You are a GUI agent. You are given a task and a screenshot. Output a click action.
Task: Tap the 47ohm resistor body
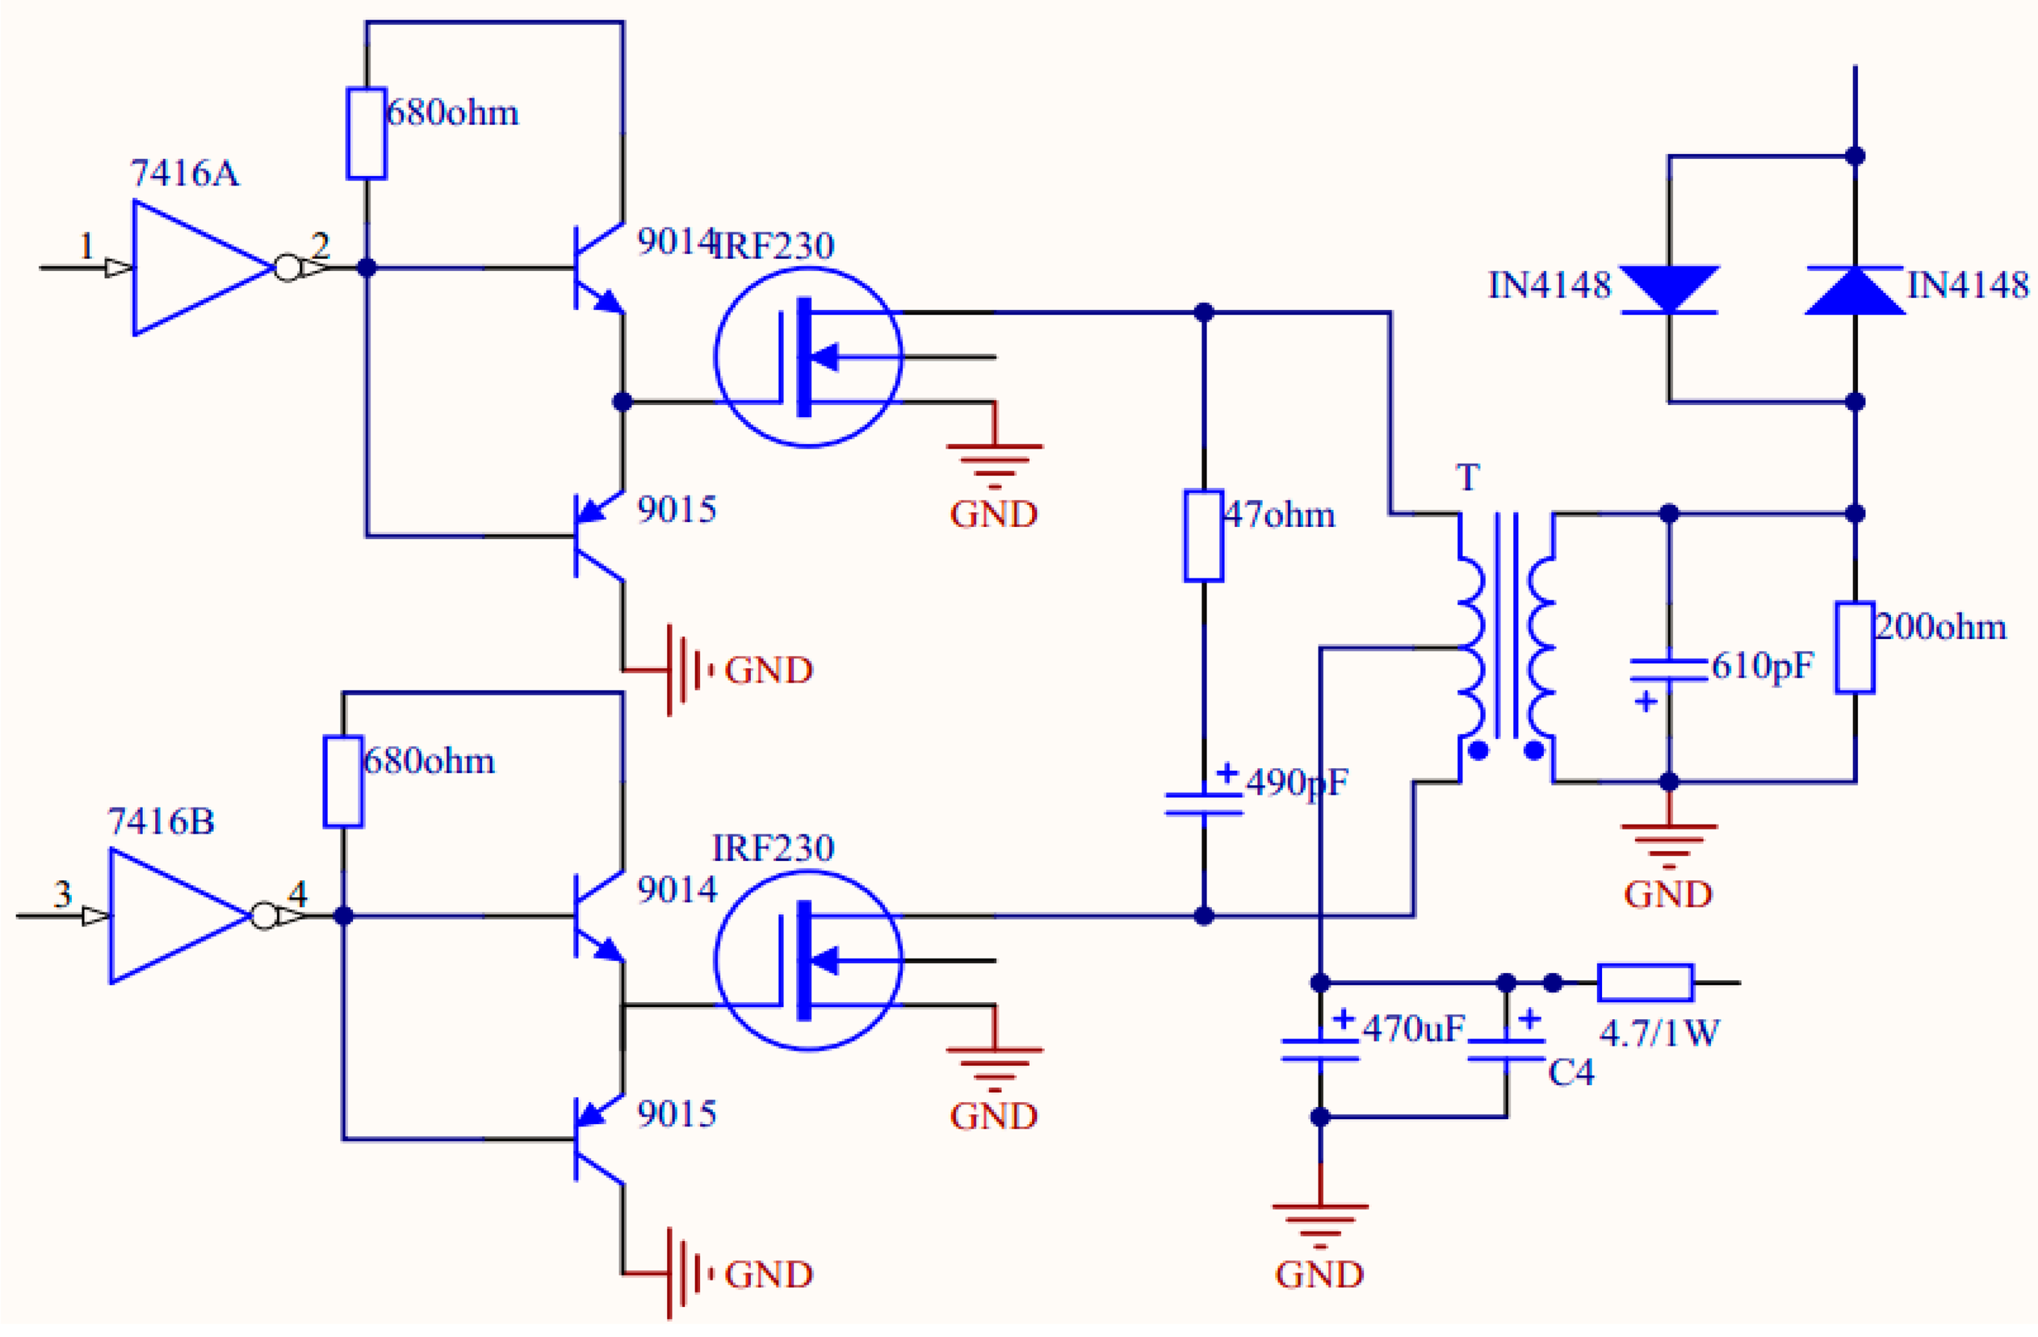tap(1203, 536)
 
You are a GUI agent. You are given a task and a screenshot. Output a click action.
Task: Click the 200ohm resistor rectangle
tap(1855, 647)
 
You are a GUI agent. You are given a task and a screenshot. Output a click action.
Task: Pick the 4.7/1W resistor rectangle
tap(1645, 983)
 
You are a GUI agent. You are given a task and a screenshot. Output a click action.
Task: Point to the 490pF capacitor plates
tap(1203, 804)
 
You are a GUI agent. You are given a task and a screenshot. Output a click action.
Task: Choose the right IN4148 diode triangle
tap(1855, 290)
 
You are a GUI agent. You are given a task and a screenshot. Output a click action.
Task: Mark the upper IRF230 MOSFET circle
tap(808, 357)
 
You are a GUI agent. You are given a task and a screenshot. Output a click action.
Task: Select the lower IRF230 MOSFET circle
tap(808, 960)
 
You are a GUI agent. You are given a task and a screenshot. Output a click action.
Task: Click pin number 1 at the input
tap(86, 248)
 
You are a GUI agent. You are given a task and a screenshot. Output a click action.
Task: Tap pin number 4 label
tap(297, 895)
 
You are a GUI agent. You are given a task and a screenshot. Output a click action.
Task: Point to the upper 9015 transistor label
tap(677, 510)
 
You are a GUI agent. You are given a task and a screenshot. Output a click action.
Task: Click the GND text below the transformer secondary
tap(1668, 896)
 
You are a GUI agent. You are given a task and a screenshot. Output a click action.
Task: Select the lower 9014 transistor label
tap(677, 891)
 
